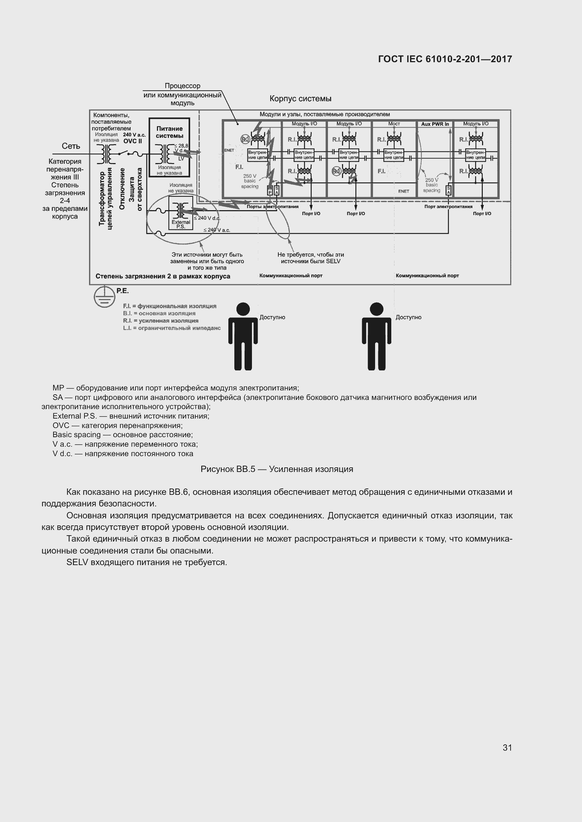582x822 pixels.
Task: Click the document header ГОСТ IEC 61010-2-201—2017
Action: pos(445,59)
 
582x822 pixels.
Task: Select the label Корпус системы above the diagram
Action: pos(300,98)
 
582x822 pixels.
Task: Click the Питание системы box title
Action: pos(170,132)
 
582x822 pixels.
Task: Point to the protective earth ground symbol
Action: pos(104,297)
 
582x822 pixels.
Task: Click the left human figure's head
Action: pos(243,309)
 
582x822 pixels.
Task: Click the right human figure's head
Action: pos(376,309)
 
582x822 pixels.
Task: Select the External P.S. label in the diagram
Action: pos(181,224)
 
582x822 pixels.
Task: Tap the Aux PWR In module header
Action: pos(435,124)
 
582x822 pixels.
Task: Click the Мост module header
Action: pos(394,124)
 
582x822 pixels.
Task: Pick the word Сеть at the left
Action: pos(71,146)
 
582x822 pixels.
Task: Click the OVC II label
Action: pos(133,141)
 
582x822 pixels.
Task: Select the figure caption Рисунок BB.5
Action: pos(277,469)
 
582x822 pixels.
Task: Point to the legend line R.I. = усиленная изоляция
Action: pos(160,321)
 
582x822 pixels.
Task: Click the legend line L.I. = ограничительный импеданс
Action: pos(172,328)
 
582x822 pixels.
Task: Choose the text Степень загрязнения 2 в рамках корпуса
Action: pos(163,276)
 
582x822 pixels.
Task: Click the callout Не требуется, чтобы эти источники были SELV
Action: pos(310,258)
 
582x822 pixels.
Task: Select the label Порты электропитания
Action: pos(272,207)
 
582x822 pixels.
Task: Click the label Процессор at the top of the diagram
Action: pos(182,86)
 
